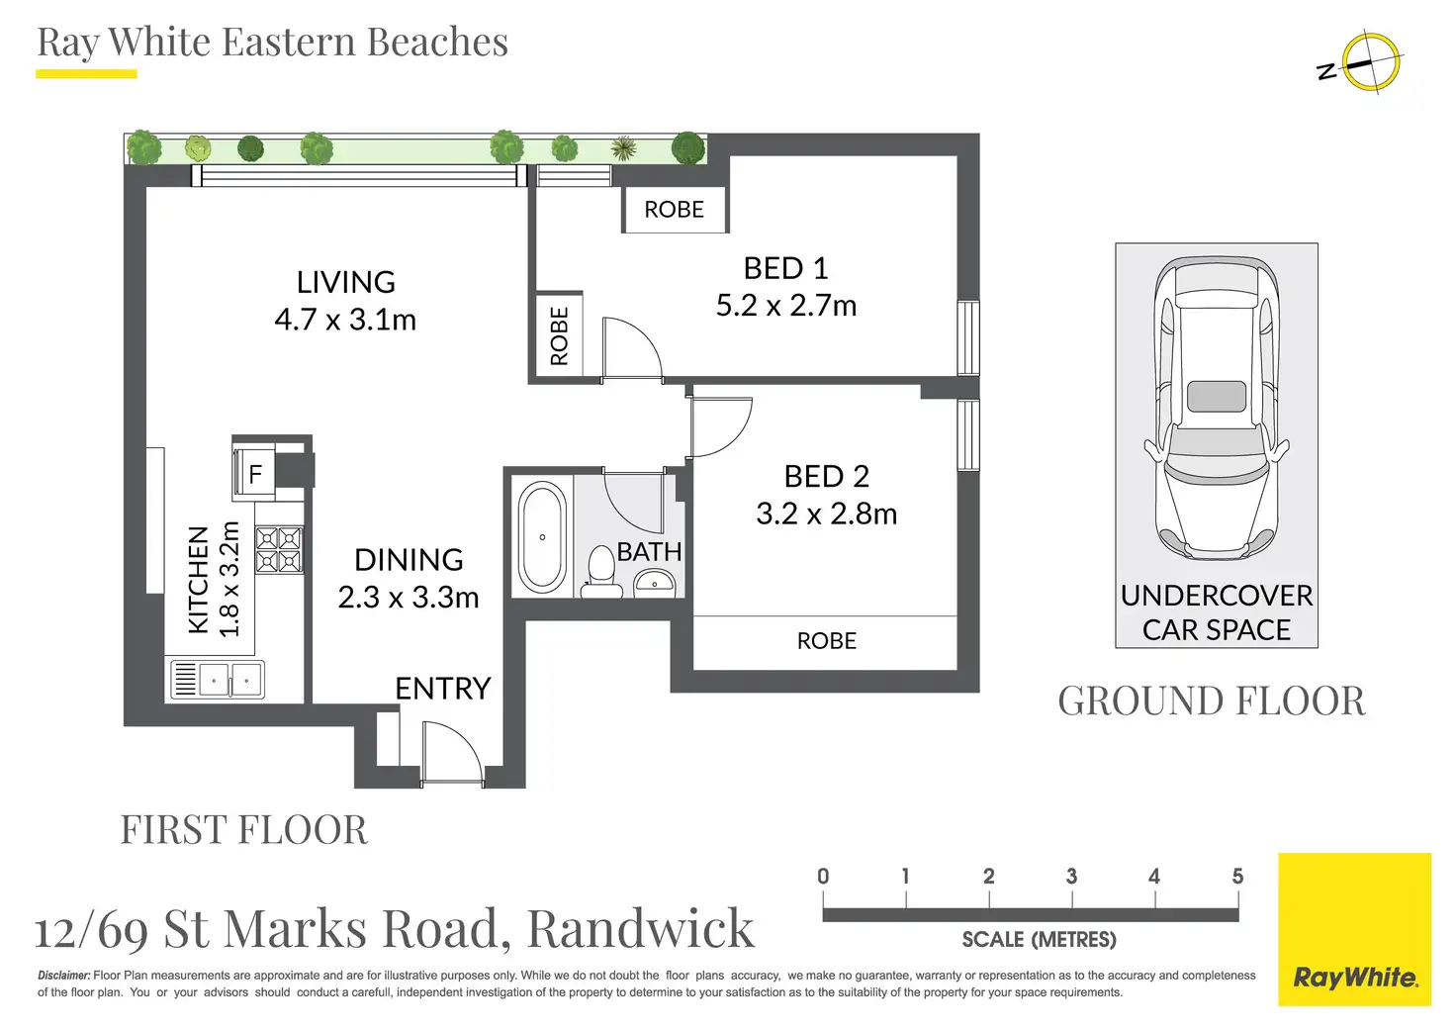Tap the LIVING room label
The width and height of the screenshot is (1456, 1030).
pyautogui.click(x=345, y=282)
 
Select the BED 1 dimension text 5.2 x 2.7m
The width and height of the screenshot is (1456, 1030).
pyautogui.click(x=785, y=306)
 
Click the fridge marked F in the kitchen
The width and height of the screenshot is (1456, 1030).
pyautogui.click(x=255, y=474)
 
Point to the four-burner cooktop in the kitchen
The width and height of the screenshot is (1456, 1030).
pyautogui.click(x=279, y=550)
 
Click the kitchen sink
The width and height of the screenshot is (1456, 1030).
pyautogui.click(x=230, y=680)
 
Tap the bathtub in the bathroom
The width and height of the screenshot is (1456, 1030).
pyautogui.click(x=542, y=537)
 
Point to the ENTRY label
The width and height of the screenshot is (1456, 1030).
pyautogui.click(x=442, y=689)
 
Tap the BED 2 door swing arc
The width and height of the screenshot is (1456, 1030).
pyautogui.click(x=721, y=426)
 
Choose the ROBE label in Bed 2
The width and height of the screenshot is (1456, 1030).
pyautogui.click(x=826, y=641)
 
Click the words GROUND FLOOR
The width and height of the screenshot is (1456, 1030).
pyautogui.click(x=1211, y=702)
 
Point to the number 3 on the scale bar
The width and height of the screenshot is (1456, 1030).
pyautogui.click(x=1071, y=877)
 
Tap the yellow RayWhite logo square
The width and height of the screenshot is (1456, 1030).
pyautogui.click(x=1354, y=929)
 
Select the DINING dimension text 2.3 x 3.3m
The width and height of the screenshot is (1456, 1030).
pyautogui.click(x=408, y=598)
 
